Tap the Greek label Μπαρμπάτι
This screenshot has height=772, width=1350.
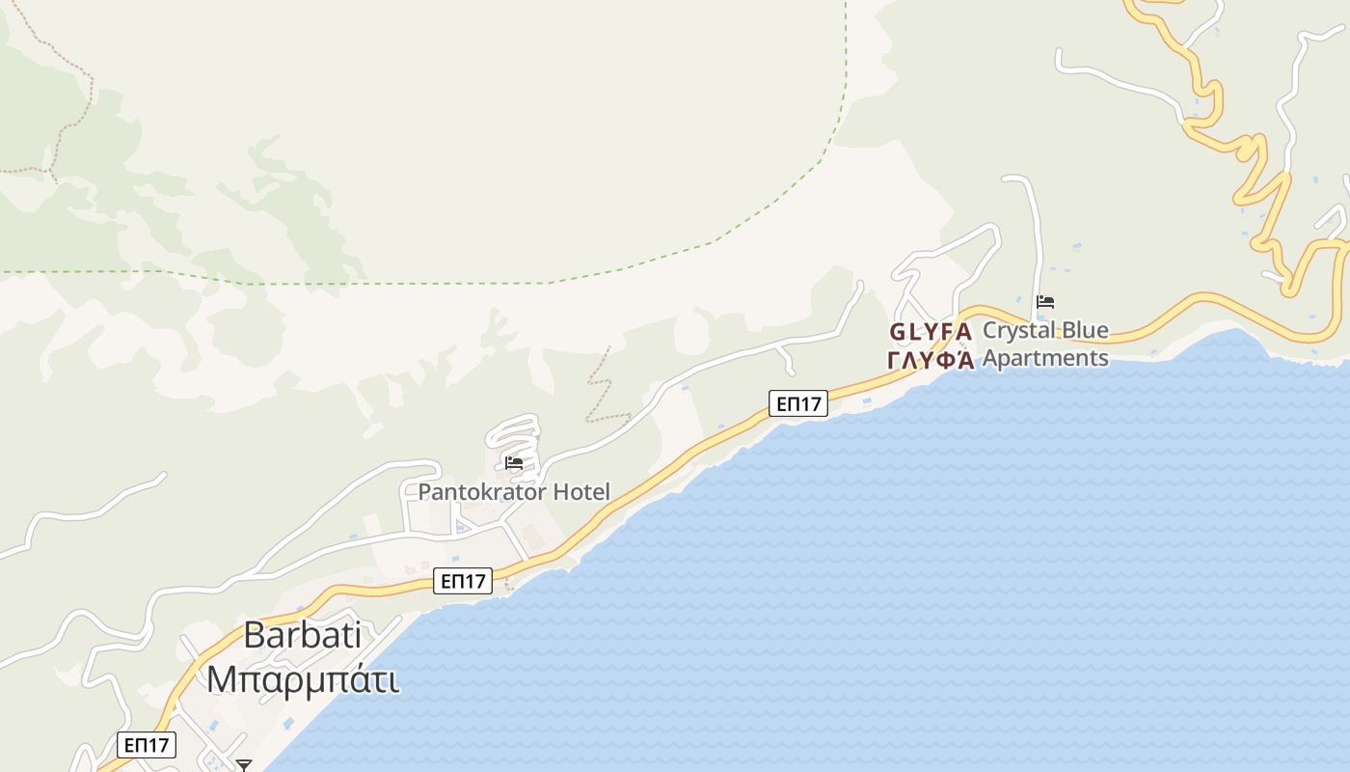302,679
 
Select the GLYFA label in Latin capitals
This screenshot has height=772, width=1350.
930,332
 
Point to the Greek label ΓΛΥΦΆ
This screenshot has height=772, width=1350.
930,360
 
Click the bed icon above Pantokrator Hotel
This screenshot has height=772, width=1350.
514,464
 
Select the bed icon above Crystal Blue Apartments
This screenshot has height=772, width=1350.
1045,302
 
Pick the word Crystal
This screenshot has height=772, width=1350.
1015,331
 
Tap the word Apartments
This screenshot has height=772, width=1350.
1045,358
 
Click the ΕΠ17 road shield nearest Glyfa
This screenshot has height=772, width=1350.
798,403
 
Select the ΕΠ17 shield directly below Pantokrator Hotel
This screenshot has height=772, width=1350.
463,580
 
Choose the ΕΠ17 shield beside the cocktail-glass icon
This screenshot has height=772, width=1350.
147,745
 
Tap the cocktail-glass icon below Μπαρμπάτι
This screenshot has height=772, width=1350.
244,765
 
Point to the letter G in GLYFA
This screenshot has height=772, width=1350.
897,332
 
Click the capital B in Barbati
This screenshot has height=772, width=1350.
255,635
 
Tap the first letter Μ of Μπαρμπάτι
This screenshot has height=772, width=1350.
222,679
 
